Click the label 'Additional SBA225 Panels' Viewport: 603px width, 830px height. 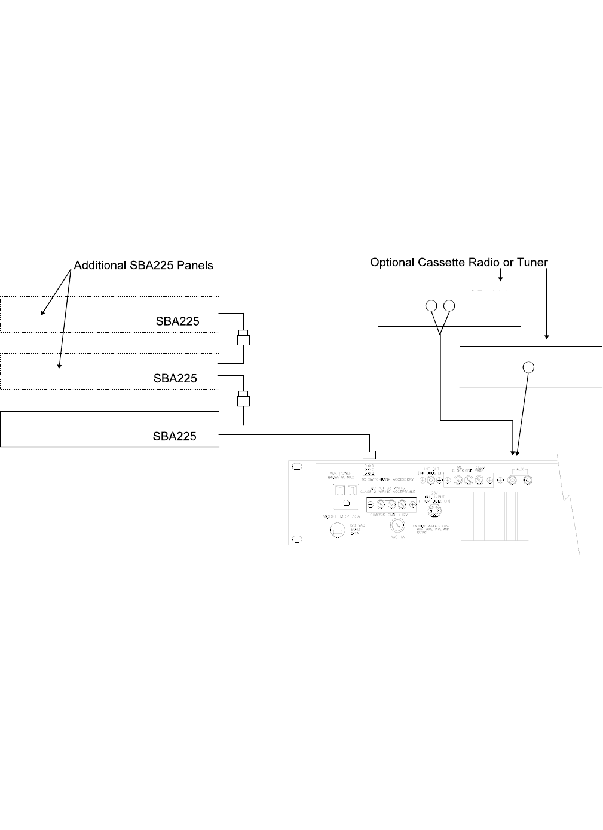(143, 265)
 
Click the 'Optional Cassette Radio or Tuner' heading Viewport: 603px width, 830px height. (458, 262)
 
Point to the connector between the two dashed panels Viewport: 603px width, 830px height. (243, 339)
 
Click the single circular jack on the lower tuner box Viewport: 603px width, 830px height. (528, 367)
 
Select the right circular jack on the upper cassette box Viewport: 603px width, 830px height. (450, 306)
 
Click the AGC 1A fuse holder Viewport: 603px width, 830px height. (396, 525)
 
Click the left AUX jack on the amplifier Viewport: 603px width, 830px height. (512, 481)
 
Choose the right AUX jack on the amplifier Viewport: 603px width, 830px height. (527, 481)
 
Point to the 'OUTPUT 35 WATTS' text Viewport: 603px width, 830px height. (388, 488)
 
